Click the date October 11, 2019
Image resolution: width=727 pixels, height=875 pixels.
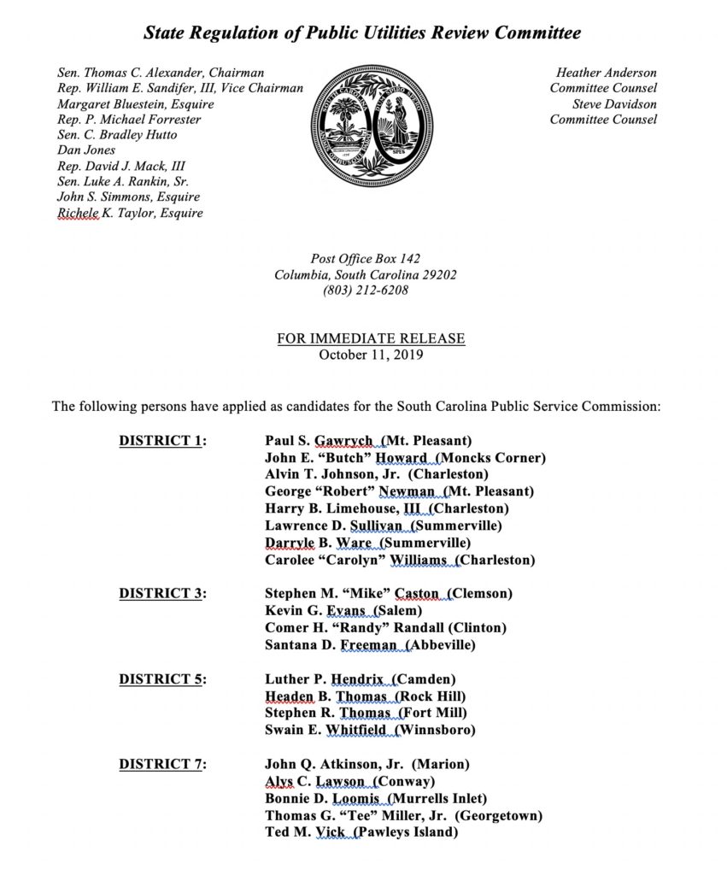coord(371,355)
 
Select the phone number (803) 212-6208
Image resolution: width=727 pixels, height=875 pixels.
coord(366,291)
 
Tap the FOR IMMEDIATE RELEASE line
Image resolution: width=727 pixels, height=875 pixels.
coord(371,338)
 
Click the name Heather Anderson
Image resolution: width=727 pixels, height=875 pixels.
coord(607,73)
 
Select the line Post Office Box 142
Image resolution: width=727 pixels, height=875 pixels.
coord(366,259)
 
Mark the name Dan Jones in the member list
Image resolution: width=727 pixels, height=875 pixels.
coord(85,150)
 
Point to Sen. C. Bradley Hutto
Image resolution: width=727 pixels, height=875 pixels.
coord(117,135)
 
